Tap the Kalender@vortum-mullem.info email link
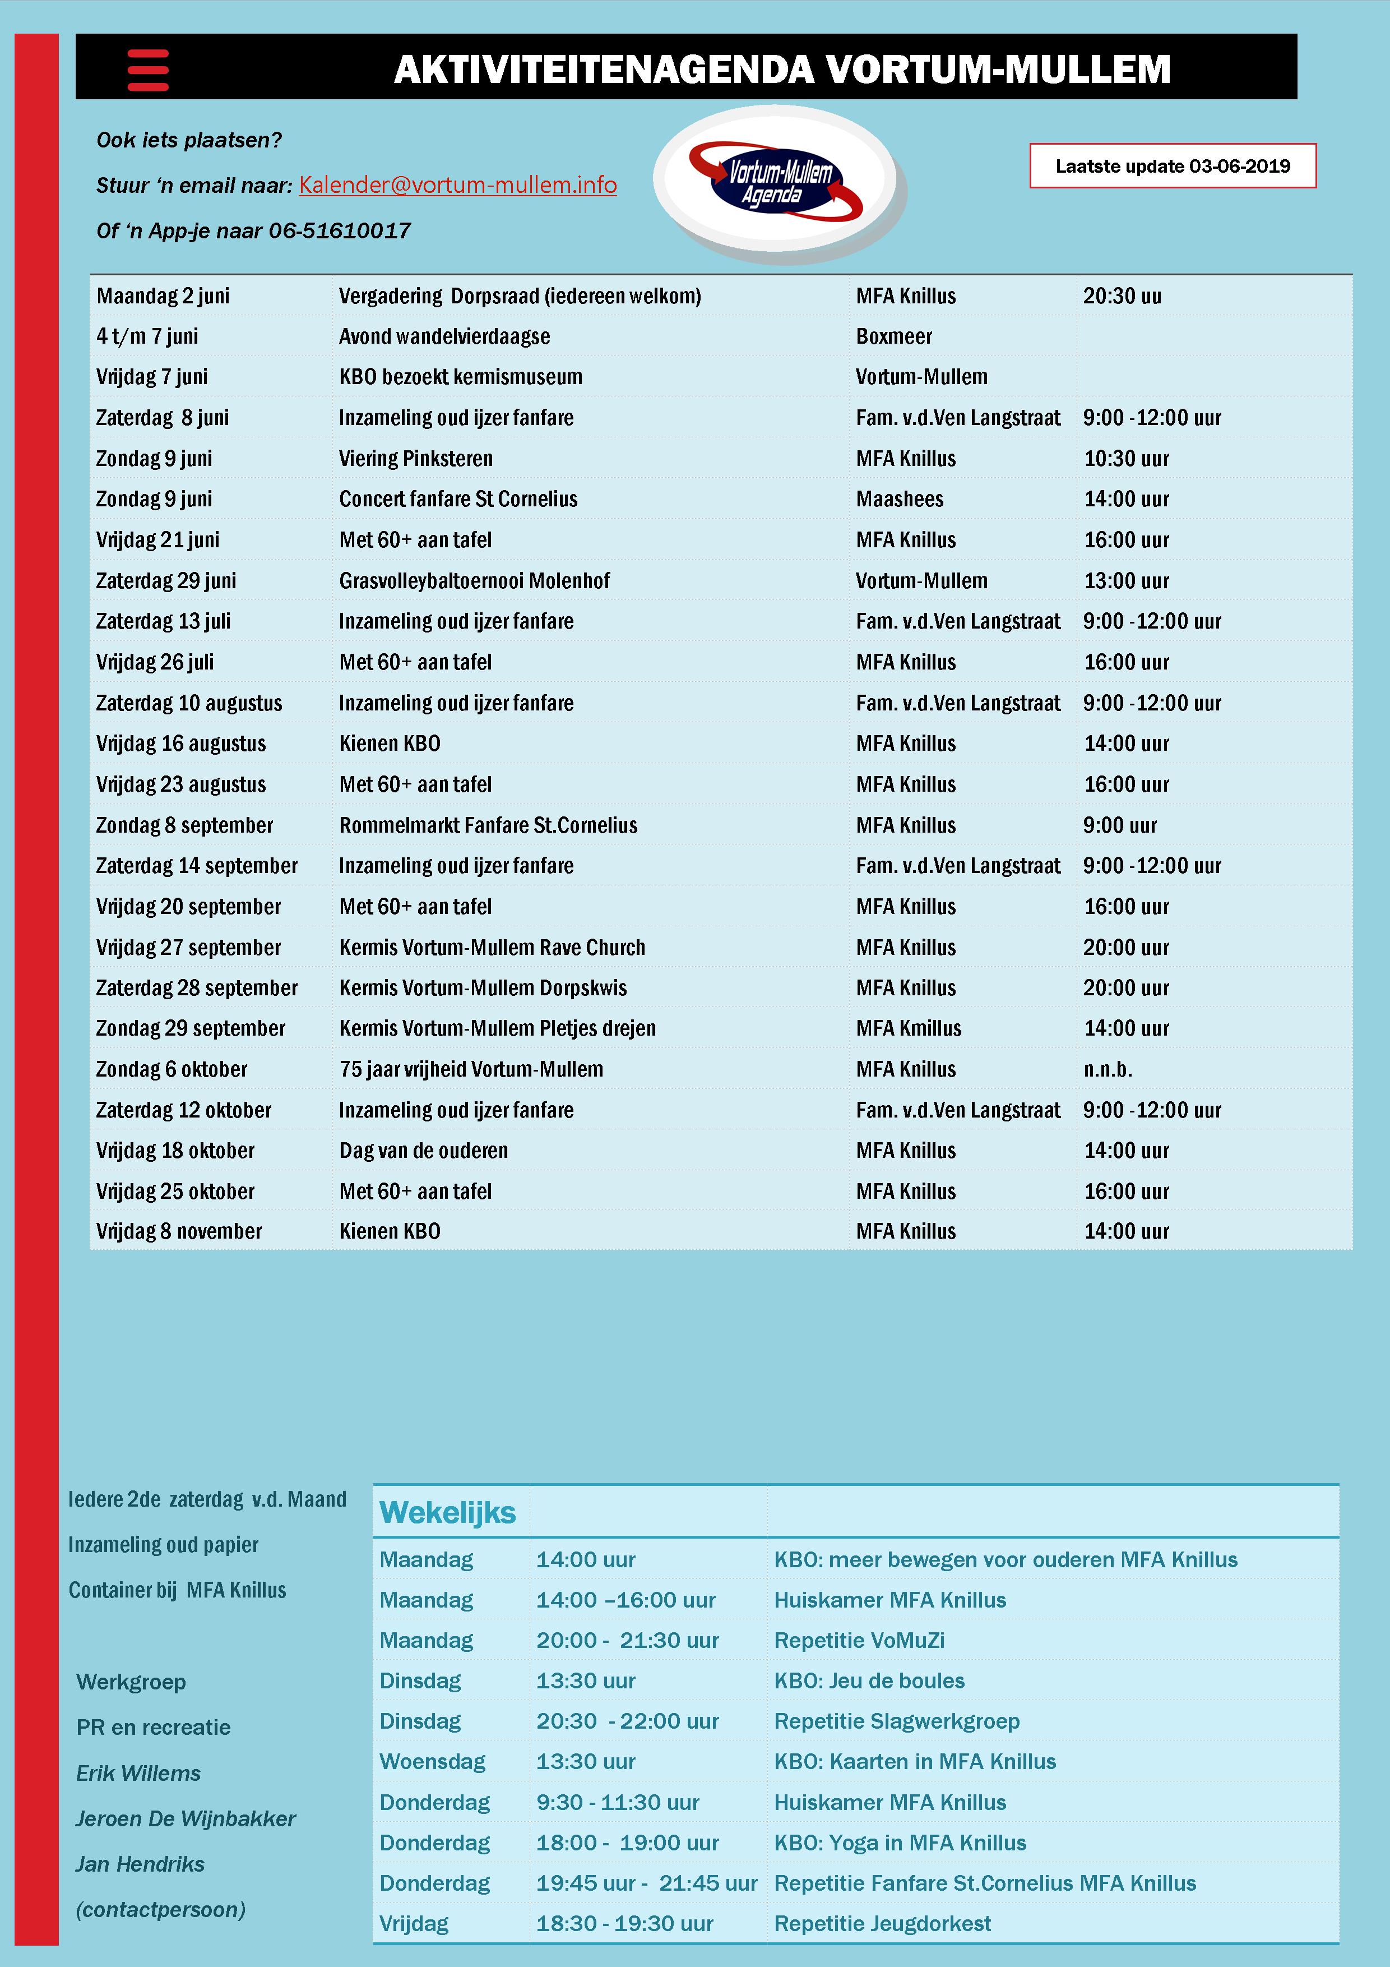pos(457,185)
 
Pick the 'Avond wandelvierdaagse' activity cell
pos(444,336)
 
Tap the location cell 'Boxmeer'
pos(893,336)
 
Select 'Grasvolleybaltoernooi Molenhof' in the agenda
pos(475,581)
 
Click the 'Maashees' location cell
pos(899,500)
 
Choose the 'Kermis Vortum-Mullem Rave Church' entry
pos(492,948)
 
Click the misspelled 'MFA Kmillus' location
pos(908,1029)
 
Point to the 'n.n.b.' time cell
pos(1108,1069)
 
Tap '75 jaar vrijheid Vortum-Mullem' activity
pos(471,1069)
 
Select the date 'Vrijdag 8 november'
pos(179,1232)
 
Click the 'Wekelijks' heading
pos(447,1512)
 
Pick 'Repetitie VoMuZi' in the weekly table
pos(859,1641)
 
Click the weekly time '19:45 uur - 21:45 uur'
pos(647,1883)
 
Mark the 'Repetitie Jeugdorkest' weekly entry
pos(882,1923)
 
